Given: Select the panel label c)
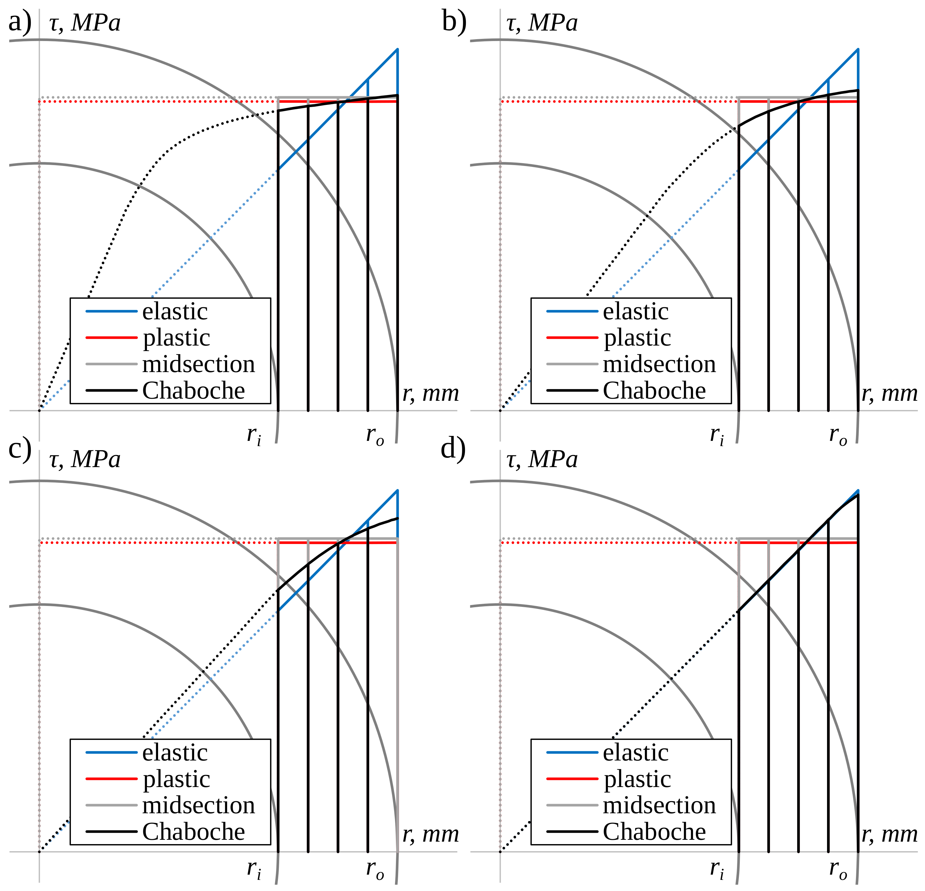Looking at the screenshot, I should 20,449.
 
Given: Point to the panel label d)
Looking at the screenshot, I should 453,449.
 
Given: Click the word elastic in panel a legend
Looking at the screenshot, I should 175,311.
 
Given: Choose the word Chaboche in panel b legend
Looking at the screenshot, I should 654,391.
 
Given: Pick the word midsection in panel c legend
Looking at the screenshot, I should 198,806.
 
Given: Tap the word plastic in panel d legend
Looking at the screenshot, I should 637,779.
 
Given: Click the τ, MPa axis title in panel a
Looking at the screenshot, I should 85,23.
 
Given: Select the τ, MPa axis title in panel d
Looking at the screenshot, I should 542,459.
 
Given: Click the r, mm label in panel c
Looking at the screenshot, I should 430,835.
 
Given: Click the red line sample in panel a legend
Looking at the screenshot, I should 111,338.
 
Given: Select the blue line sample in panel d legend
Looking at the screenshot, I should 572,752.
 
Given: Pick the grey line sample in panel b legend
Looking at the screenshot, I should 572,364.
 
